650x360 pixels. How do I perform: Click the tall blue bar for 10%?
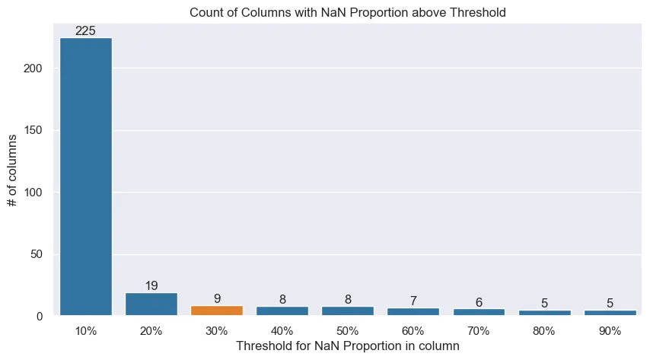tap(86, 175)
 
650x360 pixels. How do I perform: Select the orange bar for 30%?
tap(217, 311)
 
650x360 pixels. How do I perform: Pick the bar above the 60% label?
tap(413, 312)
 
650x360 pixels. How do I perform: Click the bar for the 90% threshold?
tap(610, 313)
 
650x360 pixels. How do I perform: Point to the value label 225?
tap(86, 31)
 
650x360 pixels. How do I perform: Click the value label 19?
tap(151, 286)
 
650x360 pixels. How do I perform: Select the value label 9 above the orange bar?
tap(217, 299)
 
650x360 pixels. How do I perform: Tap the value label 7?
tap(413, 301)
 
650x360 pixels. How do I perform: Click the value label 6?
tap(479, 303)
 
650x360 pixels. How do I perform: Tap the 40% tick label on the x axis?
tap(282, 331)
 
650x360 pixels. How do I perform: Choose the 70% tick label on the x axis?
tap(479, 331)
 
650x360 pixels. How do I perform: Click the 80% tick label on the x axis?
tap(544, 331)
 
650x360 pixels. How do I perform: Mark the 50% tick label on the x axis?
tap(348, 331)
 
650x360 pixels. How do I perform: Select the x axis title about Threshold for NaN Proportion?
tap(348, 346)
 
